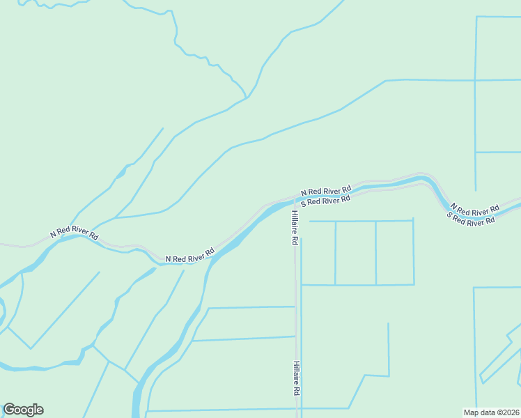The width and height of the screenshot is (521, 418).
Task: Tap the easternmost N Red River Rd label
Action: coord(475,209)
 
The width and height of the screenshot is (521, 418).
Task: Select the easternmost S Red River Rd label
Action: coord(471,219)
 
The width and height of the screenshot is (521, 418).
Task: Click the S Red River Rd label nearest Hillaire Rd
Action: coord(325,201)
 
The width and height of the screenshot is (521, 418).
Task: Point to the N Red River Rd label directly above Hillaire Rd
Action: coord(325,190)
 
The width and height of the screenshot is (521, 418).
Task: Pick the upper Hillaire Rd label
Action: coord(295,227)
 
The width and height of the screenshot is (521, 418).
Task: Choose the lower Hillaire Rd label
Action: coord(296,378)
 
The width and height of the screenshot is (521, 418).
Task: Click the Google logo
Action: coord(23,410)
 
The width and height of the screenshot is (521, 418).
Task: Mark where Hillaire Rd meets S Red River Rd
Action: coord(293,204)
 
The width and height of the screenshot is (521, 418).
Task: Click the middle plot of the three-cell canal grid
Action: coord(356,253)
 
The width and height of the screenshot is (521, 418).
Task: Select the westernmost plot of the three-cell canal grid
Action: coord(318,253)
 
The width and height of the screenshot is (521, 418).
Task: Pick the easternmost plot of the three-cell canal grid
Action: coord(395,253)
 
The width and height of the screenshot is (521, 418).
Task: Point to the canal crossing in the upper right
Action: coord(475,80)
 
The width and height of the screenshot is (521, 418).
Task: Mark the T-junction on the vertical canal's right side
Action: coord(475,152)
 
